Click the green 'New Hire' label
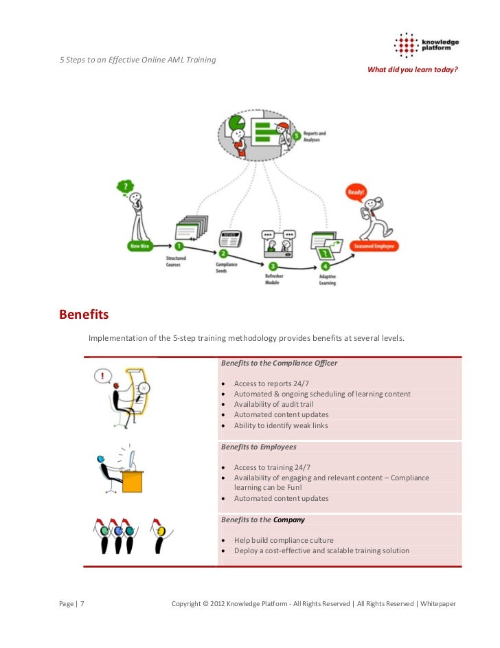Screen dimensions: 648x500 point(140,245)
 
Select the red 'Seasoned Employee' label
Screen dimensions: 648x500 point(373,245)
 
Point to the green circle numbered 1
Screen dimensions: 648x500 point(179,245)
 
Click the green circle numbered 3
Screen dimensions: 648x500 point(273,266)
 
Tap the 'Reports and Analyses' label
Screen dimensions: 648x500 point(315,137)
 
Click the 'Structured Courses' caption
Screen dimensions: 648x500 point(177,261)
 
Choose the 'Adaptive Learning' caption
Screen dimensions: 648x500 point(328,280)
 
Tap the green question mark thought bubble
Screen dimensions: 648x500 point(125,186)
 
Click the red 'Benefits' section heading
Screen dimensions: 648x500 point(84,315)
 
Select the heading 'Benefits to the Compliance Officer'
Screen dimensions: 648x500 point(279,363)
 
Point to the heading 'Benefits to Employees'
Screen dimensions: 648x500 point(258,447)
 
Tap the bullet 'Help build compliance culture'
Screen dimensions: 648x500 point(284,540)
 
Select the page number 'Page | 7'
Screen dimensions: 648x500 point(71,604)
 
